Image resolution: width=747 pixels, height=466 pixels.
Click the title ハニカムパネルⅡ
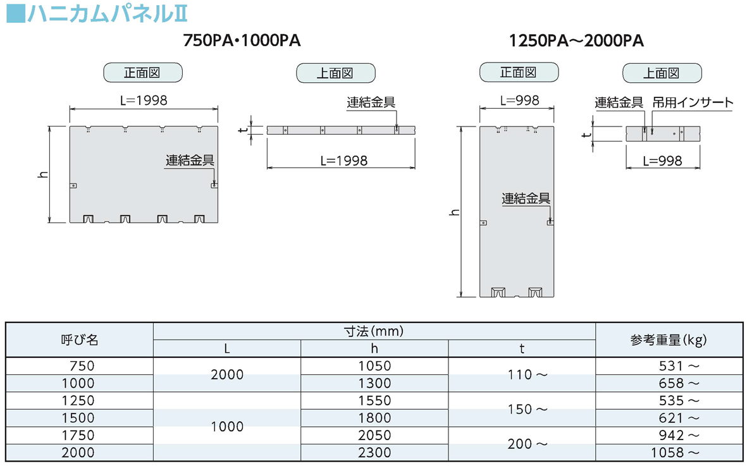coord(107,13)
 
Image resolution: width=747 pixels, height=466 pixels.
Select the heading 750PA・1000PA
coord(242,40)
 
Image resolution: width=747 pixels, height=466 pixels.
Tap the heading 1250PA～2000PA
coord(576,40)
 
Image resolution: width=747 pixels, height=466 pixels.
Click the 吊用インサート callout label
coord(693,102)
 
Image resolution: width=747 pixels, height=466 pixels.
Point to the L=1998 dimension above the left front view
coord(144,101)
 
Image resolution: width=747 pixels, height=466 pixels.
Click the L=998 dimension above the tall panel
coord(520,101)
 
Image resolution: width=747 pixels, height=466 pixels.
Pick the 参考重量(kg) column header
coord(669,340)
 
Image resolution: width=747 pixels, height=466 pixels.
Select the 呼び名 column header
coord(80,340)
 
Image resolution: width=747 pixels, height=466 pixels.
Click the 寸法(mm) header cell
coord(374,331)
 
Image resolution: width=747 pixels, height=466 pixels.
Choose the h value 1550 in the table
coord(374,400)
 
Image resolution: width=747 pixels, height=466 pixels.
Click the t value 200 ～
coord(528,444)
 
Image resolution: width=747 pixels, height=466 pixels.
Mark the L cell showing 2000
coord(227,374)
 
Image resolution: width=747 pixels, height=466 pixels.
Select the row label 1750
coord(78,435)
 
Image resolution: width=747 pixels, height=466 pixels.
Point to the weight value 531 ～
coord(679,366)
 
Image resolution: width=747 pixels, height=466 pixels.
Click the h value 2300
coord(374,453)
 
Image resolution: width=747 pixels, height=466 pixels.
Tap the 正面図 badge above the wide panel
coord(143,73)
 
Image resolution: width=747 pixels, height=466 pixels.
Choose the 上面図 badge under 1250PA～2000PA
coord(662,73)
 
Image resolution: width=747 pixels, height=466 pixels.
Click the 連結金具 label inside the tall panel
coord(526,199)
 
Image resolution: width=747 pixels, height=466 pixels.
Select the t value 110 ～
coord(528,374)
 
